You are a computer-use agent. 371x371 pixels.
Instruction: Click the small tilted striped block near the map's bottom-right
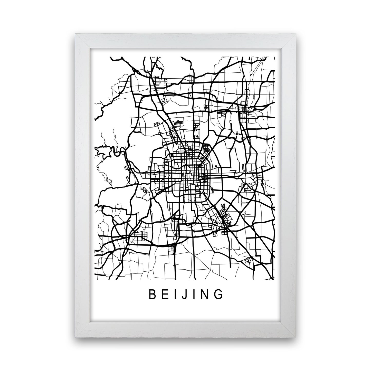[248, 261]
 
